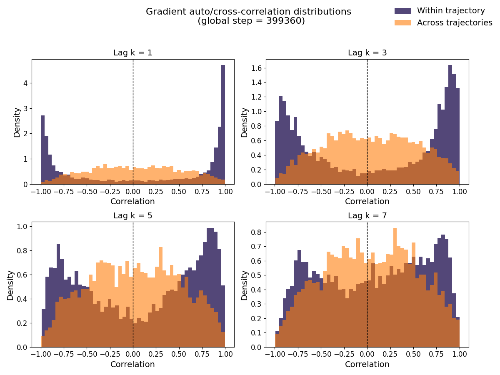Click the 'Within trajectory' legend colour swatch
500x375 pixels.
[x=402, y=11]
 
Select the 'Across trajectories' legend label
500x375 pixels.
[x=455, y=23]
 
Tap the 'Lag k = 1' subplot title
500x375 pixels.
[x=132, y=53]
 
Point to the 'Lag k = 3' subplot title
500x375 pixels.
[x=367, y=53]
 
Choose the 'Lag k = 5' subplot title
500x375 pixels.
[x=132, y=216]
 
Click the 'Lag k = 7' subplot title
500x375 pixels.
[x=367, y=216]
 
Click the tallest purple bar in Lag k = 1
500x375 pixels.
[x=223, y=125]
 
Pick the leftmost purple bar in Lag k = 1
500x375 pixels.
[x=42, y=150]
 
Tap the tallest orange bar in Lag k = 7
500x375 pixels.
[x=395, y=287]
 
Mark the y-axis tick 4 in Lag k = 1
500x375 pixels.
[x=25, y=83]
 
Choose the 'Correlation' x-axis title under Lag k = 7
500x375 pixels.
[x=367, y=365]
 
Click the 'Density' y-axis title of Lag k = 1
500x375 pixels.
[x=17, y=122]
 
